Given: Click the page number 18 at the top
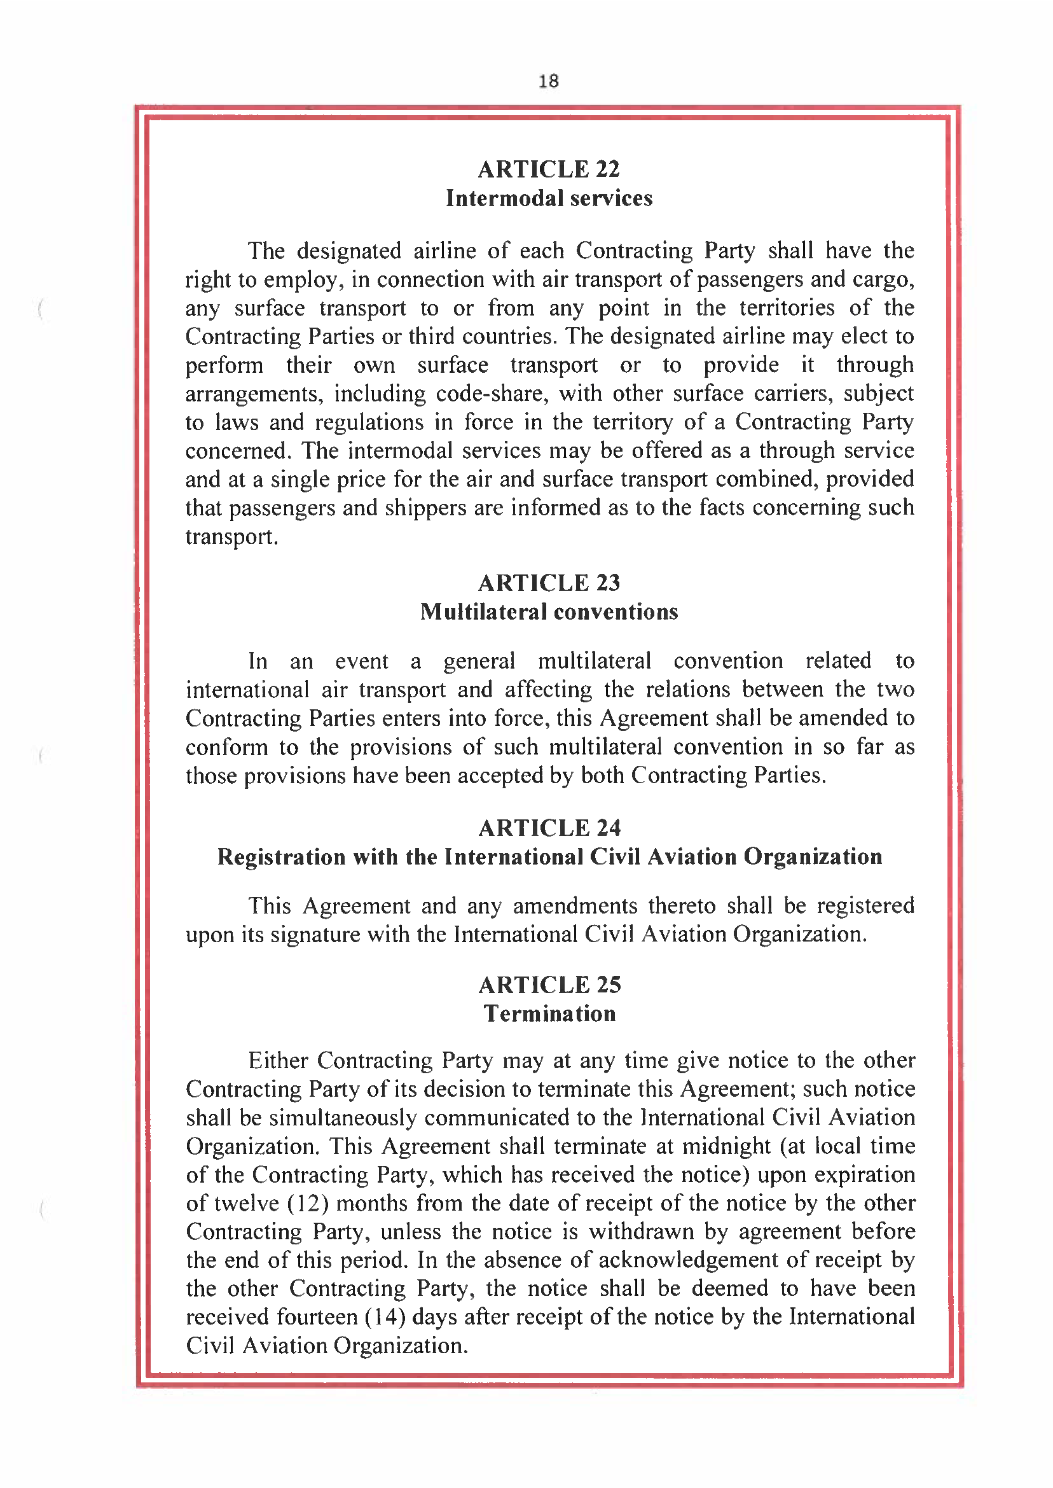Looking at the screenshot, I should point(549,81).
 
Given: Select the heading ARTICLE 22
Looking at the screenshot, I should point(549,169).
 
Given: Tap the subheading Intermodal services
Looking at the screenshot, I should point(549,198).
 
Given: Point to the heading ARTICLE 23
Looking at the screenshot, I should point(549,583).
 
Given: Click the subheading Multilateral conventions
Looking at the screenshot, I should point(549,611).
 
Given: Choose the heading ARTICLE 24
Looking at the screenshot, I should point(549,828).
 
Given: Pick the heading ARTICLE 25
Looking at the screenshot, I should point(549,985).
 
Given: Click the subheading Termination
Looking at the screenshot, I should point(549,1014).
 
